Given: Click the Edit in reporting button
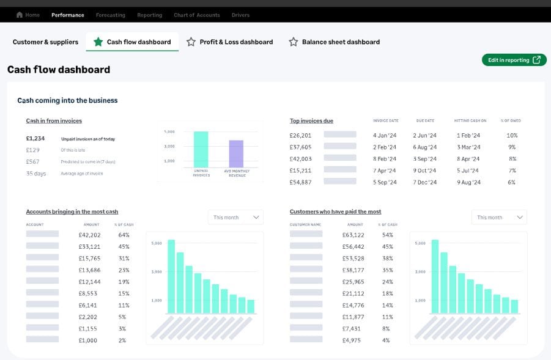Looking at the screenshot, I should tap(514, 60).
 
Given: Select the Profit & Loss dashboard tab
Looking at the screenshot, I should tap(229, 42).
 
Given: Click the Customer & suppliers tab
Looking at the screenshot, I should tap(45, 42).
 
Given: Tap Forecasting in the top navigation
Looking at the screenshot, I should tap(111, 15).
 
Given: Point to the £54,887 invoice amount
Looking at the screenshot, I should tap(300, 182).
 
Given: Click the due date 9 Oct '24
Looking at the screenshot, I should tap(424, 171).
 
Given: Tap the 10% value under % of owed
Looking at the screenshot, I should tap(512, 136).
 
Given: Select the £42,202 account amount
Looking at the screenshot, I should tap(89, 235).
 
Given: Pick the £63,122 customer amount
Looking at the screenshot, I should tap(353, 235).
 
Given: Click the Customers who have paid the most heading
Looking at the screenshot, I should tap(335, 212).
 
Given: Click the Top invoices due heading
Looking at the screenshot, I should tap(311, 121).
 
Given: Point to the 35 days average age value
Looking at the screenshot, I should tap(36, 174).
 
